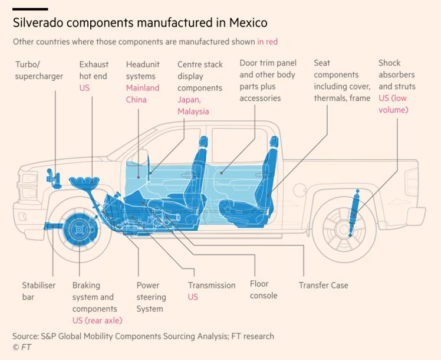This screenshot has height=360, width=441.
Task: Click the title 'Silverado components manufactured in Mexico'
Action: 140,23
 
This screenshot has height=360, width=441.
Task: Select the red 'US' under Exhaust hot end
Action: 84,87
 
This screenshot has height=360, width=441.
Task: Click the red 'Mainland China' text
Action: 143,93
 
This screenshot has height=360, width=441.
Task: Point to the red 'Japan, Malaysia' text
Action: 193,105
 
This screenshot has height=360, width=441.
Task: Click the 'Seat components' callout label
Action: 341,81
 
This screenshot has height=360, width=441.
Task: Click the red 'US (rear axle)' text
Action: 97,320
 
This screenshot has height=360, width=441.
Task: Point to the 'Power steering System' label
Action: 151,297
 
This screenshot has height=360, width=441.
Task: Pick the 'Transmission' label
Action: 212,285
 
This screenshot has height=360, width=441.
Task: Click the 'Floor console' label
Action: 264,289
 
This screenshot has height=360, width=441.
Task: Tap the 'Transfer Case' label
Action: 323,285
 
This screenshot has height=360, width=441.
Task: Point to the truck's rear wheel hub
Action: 344,230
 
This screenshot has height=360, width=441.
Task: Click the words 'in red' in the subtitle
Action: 267,42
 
